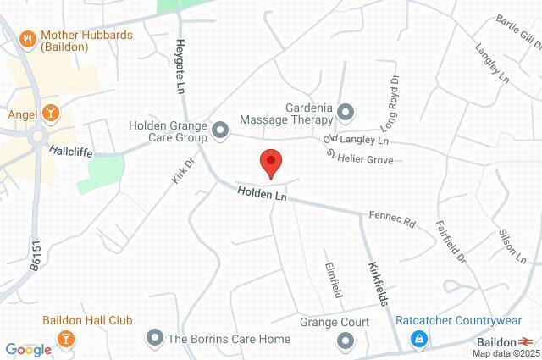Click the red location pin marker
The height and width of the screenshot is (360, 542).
[270, 161]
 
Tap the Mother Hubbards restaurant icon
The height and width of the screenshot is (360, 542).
[27, 38]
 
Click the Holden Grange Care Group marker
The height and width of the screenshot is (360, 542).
[220, 130]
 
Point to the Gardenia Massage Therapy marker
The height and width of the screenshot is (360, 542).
[345, 111]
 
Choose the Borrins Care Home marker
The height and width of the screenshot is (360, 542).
[154, 339]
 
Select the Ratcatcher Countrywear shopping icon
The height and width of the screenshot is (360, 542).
[418, 339]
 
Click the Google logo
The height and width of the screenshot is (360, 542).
[28, 349]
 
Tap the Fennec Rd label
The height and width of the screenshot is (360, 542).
[392, 219]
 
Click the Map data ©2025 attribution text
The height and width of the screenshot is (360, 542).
[505, 353]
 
